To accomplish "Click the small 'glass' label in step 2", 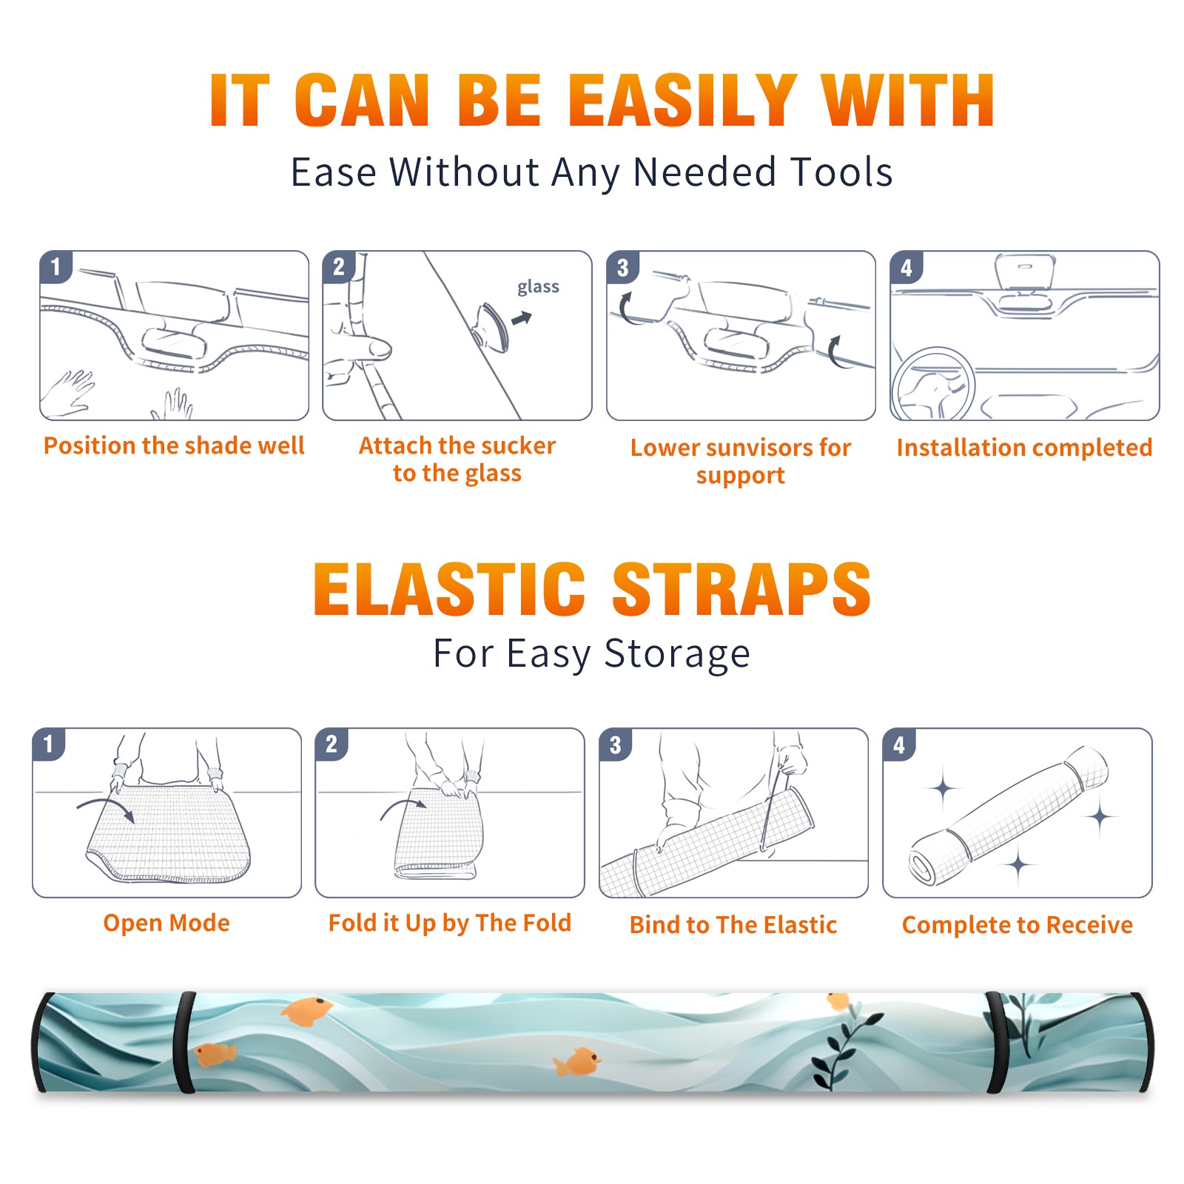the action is pyautogui.click(x=538, y=287).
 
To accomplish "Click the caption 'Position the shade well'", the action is pyautogui.click(x=174, y=445).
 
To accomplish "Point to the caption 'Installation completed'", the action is pyautogui.click(x=1024, y=447).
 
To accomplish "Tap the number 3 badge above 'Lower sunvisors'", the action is pyautogui.click(x=622, y=268).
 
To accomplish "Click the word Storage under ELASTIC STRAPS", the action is pyautogui.click(x=677, y=654).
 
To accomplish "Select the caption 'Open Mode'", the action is pyautogui.click(x=166, y=923).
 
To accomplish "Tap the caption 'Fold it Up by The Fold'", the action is pyautogui.click(x=450, y=924).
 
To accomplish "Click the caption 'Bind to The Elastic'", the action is pyautogui.click(x=733, y=925).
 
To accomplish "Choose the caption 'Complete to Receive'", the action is pyautogui.click(x=1017, y=925).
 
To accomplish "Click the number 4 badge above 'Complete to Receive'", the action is pyautogui.click(x=899, y=744).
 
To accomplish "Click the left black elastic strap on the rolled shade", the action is pyautogui.click(x=184, y=1042).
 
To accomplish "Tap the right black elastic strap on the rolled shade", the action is pyautogui.click(x=996, y=1042).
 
